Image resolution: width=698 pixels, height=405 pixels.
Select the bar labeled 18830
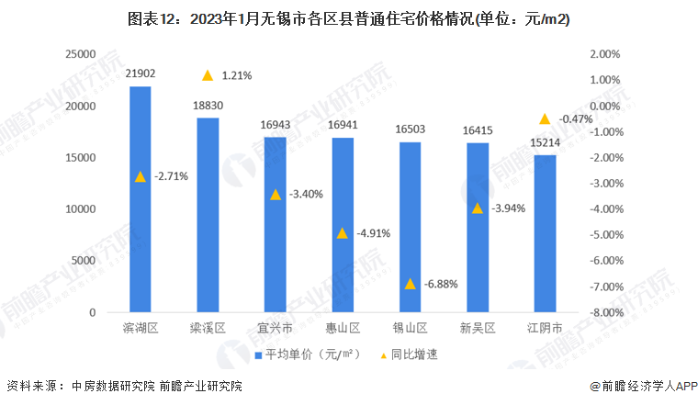208,215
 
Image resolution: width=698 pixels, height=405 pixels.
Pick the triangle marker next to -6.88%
410,284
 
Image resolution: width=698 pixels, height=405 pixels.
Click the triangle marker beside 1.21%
208,75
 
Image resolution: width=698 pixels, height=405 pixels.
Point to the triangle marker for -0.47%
545,118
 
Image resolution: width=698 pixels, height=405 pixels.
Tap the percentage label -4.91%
371,233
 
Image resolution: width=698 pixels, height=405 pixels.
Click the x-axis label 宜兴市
275,328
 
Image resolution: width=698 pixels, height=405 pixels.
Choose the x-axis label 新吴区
477,328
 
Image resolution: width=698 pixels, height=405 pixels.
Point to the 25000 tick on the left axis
80,55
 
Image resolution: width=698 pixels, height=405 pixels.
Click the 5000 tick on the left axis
84,261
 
